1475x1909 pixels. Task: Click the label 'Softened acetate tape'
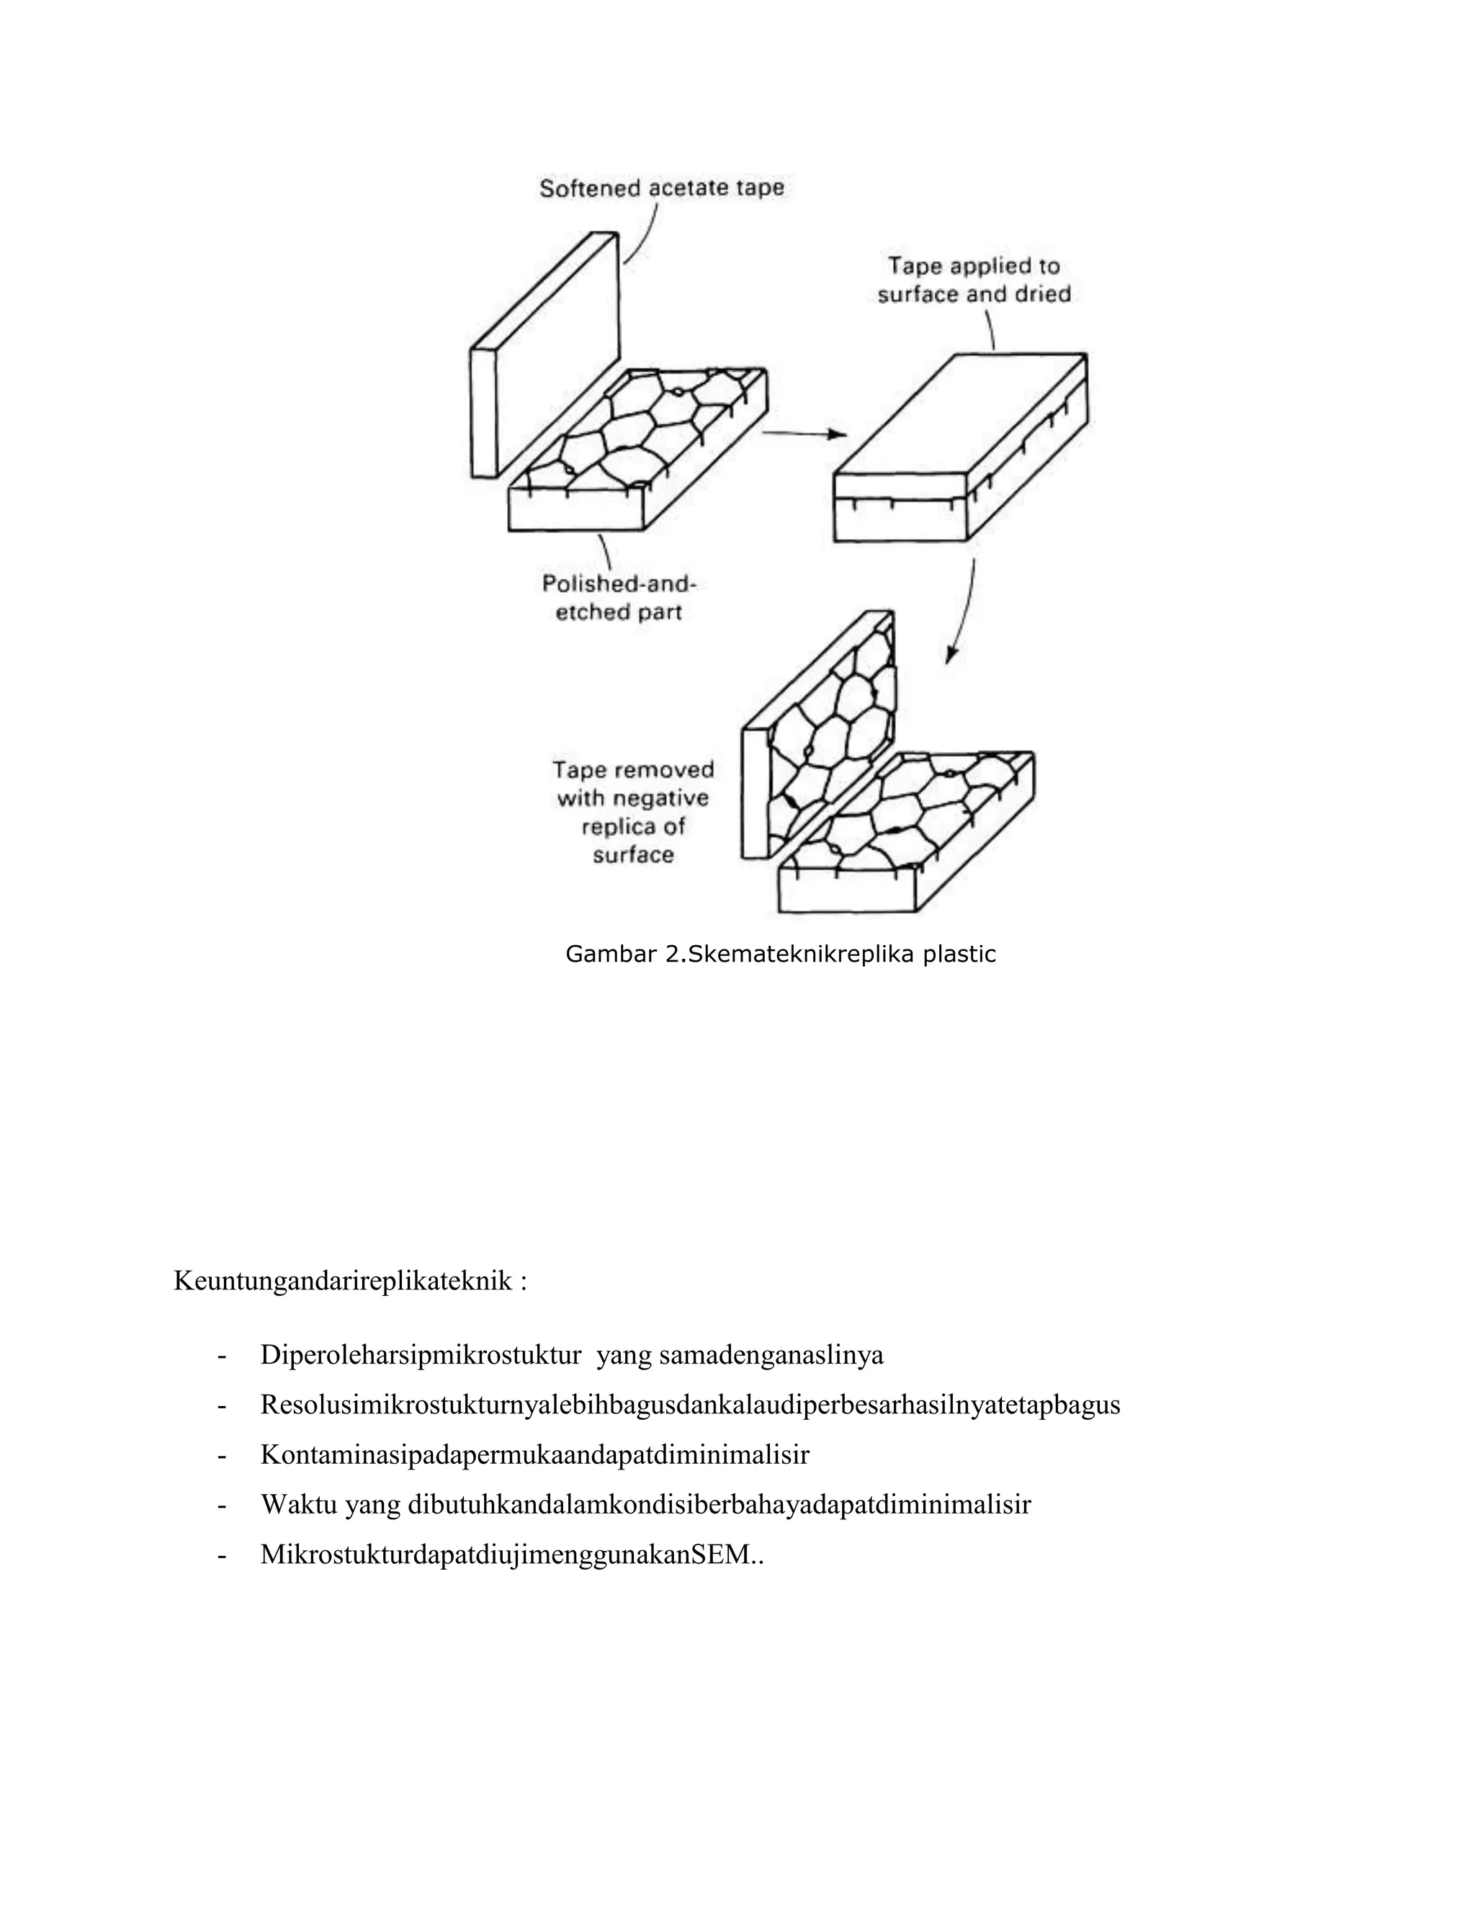click(661, 188)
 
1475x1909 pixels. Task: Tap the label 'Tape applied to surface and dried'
click(974, 280)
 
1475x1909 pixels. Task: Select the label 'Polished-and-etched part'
click(619, 597)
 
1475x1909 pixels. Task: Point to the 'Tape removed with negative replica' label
click(634, 812)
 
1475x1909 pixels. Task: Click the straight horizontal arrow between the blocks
click(804, 434)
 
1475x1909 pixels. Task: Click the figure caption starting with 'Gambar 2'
click(780, 954)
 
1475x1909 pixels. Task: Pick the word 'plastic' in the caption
click(960, 954)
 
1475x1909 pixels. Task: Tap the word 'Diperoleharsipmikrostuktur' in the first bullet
click(421, 1356)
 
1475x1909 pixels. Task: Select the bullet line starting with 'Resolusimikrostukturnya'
click(689, 1405)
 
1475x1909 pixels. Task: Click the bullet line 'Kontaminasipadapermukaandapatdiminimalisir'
click(535, 1455)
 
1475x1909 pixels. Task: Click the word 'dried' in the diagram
click(1041, 295)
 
